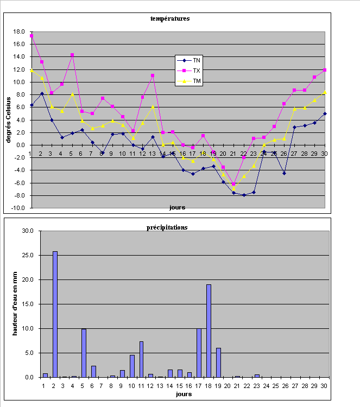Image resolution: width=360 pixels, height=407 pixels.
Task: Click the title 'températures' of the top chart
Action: [170, 18]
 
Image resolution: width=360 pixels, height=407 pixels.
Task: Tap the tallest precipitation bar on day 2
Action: [55, 314]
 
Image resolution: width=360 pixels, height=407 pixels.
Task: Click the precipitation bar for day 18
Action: [209, 330]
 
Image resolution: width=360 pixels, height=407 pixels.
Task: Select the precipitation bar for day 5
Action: [84, 353]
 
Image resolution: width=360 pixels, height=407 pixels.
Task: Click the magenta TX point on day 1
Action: [32, 36]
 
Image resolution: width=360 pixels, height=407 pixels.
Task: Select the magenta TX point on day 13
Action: [153, 75]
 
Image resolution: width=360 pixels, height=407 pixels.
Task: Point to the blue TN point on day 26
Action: [284, 173]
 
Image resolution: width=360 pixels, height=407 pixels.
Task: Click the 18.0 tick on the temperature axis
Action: [19, 31]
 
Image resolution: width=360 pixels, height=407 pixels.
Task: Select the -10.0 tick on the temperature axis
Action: [18, 208]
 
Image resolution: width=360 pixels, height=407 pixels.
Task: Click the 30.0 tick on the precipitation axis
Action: [27, 231]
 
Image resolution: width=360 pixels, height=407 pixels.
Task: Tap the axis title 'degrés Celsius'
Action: [9, 119]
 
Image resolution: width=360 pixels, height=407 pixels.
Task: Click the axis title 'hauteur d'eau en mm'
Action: [16, 303]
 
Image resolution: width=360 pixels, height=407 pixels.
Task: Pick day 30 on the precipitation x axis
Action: [324, 385]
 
